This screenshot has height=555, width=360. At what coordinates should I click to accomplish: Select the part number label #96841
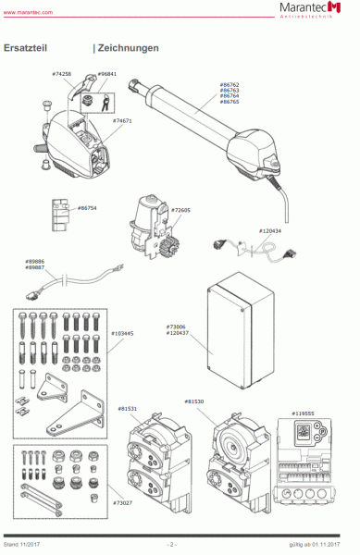pos(106,73)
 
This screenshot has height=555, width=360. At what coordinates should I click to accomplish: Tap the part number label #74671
pos(122,121)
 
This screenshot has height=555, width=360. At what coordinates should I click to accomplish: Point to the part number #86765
pos(230,102)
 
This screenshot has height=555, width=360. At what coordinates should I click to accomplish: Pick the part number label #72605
pos(180,210)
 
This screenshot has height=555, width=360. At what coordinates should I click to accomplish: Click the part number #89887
pos(35,267)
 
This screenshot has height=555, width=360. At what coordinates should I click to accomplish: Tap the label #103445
pos(122,332)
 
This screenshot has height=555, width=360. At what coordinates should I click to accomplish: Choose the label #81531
pos(127,408)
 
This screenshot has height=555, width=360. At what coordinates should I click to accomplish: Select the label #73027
pos(122,503)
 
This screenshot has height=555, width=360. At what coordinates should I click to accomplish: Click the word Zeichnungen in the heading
pos(128,47)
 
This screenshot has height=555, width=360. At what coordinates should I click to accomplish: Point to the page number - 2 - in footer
pos(171,544)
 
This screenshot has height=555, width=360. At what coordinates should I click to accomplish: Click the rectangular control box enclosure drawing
pos(241,332)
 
